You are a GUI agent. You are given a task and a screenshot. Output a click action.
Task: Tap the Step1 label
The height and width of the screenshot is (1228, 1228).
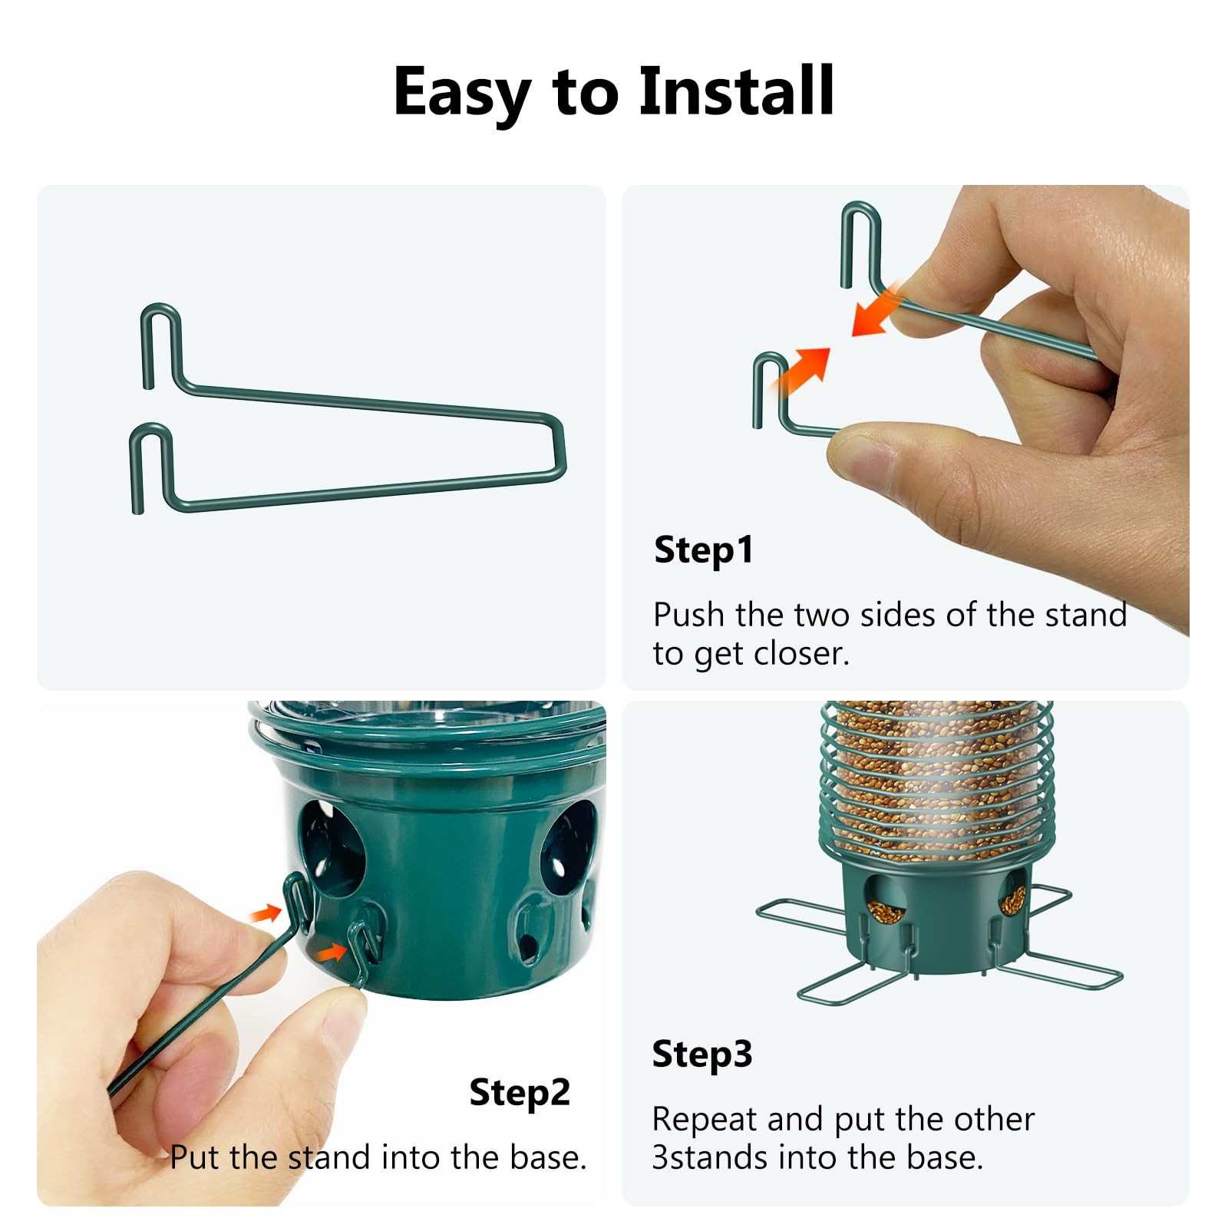(704, 550)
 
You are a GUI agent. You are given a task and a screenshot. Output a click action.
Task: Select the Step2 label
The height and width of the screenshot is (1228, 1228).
(520, 1092)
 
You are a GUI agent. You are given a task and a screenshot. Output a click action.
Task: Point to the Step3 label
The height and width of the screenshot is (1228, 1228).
(702, 1055)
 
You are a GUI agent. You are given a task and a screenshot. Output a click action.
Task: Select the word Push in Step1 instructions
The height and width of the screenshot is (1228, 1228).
(688, 615)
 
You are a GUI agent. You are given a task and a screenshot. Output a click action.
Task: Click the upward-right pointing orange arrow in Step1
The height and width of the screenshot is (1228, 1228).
(801, 371)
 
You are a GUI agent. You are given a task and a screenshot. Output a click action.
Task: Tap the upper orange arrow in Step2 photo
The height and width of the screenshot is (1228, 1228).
(266, 913)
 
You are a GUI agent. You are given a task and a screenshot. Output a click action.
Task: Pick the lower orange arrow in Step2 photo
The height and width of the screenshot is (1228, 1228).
(332, 952)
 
